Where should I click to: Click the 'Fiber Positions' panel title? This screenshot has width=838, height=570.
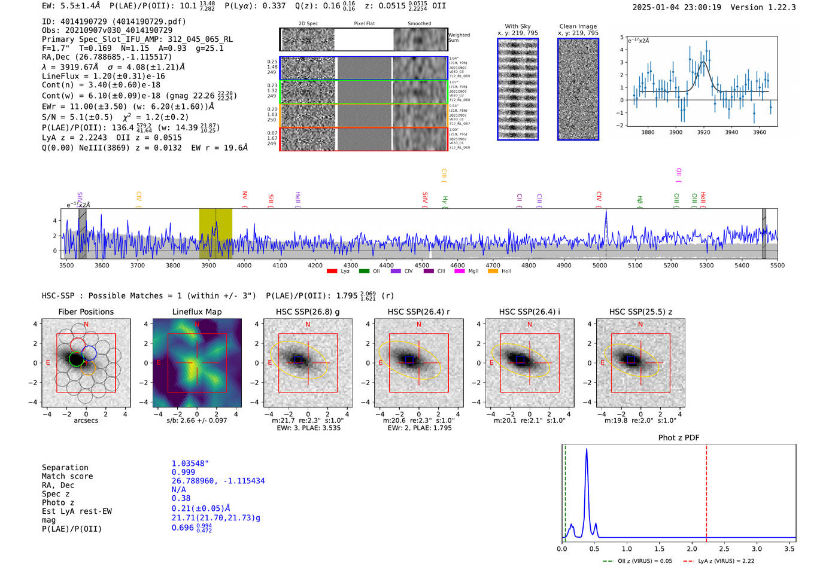86,312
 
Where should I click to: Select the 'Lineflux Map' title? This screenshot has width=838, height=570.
197,312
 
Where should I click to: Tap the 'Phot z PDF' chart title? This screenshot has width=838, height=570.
679,437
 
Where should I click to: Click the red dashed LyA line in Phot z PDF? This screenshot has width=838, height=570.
706,490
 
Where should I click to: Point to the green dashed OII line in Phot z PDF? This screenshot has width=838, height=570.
565,490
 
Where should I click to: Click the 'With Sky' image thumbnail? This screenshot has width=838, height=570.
518,89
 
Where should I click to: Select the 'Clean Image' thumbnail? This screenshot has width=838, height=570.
578,89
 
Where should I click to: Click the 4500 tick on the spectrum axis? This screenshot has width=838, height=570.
422,265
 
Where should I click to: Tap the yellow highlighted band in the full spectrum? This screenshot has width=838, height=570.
215,233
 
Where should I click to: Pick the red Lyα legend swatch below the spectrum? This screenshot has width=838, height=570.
332,272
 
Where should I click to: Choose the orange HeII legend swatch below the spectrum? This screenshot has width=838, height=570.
493,272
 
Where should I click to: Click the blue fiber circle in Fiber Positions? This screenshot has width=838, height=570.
89,353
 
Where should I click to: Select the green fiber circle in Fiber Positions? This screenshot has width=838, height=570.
76,359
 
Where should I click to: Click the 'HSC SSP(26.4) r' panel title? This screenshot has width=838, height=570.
418,312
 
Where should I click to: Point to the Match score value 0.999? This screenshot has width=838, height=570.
183,472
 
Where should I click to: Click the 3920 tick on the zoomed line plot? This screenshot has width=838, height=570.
703,132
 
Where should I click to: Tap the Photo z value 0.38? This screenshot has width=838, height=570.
181,498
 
